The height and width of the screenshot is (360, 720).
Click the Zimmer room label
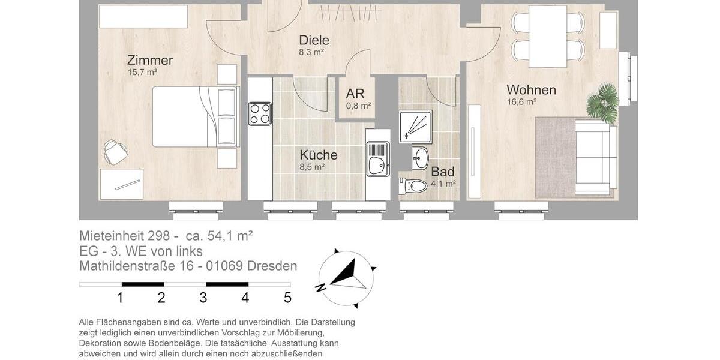coord(150,61)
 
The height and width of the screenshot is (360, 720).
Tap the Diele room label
coord(314,41)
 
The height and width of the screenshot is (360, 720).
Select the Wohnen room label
coord(531,90)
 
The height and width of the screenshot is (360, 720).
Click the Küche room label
coord(319,155)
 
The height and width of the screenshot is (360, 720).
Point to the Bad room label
coord(443,172)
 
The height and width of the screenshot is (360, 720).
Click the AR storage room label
coord(355,94)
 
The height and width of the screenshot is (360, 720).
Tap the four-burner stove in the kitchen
coord(260,113)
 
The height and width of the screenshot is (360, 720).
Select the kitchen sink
coord(378,160)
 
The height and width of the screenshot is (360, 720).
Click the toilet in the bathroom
coord(415,185)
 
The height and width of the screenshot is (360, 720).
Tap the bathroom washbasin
coord(420,158)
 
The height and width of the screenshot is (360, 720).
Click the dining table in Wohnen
coord(547,36)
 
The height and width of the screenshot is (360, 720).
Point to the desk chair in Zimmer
coord(115,151)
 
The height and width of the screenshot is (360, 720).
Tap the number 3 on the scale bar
coord(203,298)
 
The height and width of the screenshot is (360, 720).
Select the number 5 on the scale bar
coord(287,298)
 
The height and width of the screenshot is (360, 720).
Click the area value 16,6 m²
coord(521,102)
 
